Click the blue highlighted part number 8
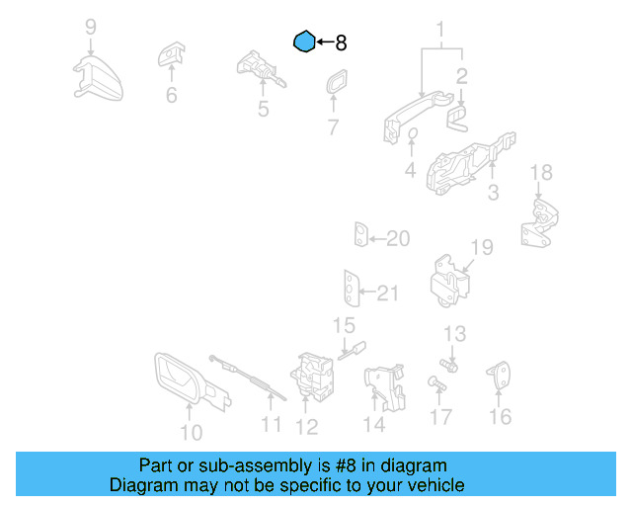(x=305, y=42)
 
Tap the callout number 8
(x=342, y=43)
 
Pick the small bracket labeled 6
(x=174, y=55)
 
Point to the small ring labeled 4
(x=414, y=136)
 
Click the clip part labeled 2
(x=457, y=116)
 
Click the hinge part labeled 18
(x=538, y=222)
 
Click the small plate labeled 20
(x=361, y=236)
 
